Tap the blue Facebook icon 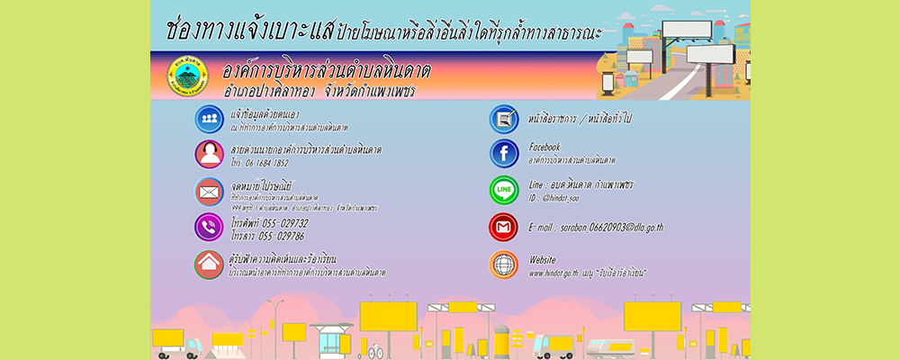pos(503,154)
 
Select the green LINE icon pos(503,190)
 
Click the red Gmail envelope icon pos(503,227)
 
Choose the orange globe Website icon pos(503,264)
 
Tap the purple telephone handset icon pos(208,227)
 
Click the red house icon pos(208,264)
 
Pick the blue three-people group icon pos(208,118)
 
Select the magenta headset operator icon pos(208,154)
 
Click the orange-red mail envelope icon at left pos(208,191)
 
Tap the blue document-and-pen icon pos(503,118)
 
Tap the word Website pos(544,256)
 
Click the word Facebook pos(544,147)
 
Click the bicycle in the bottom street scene pos(376,350)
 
